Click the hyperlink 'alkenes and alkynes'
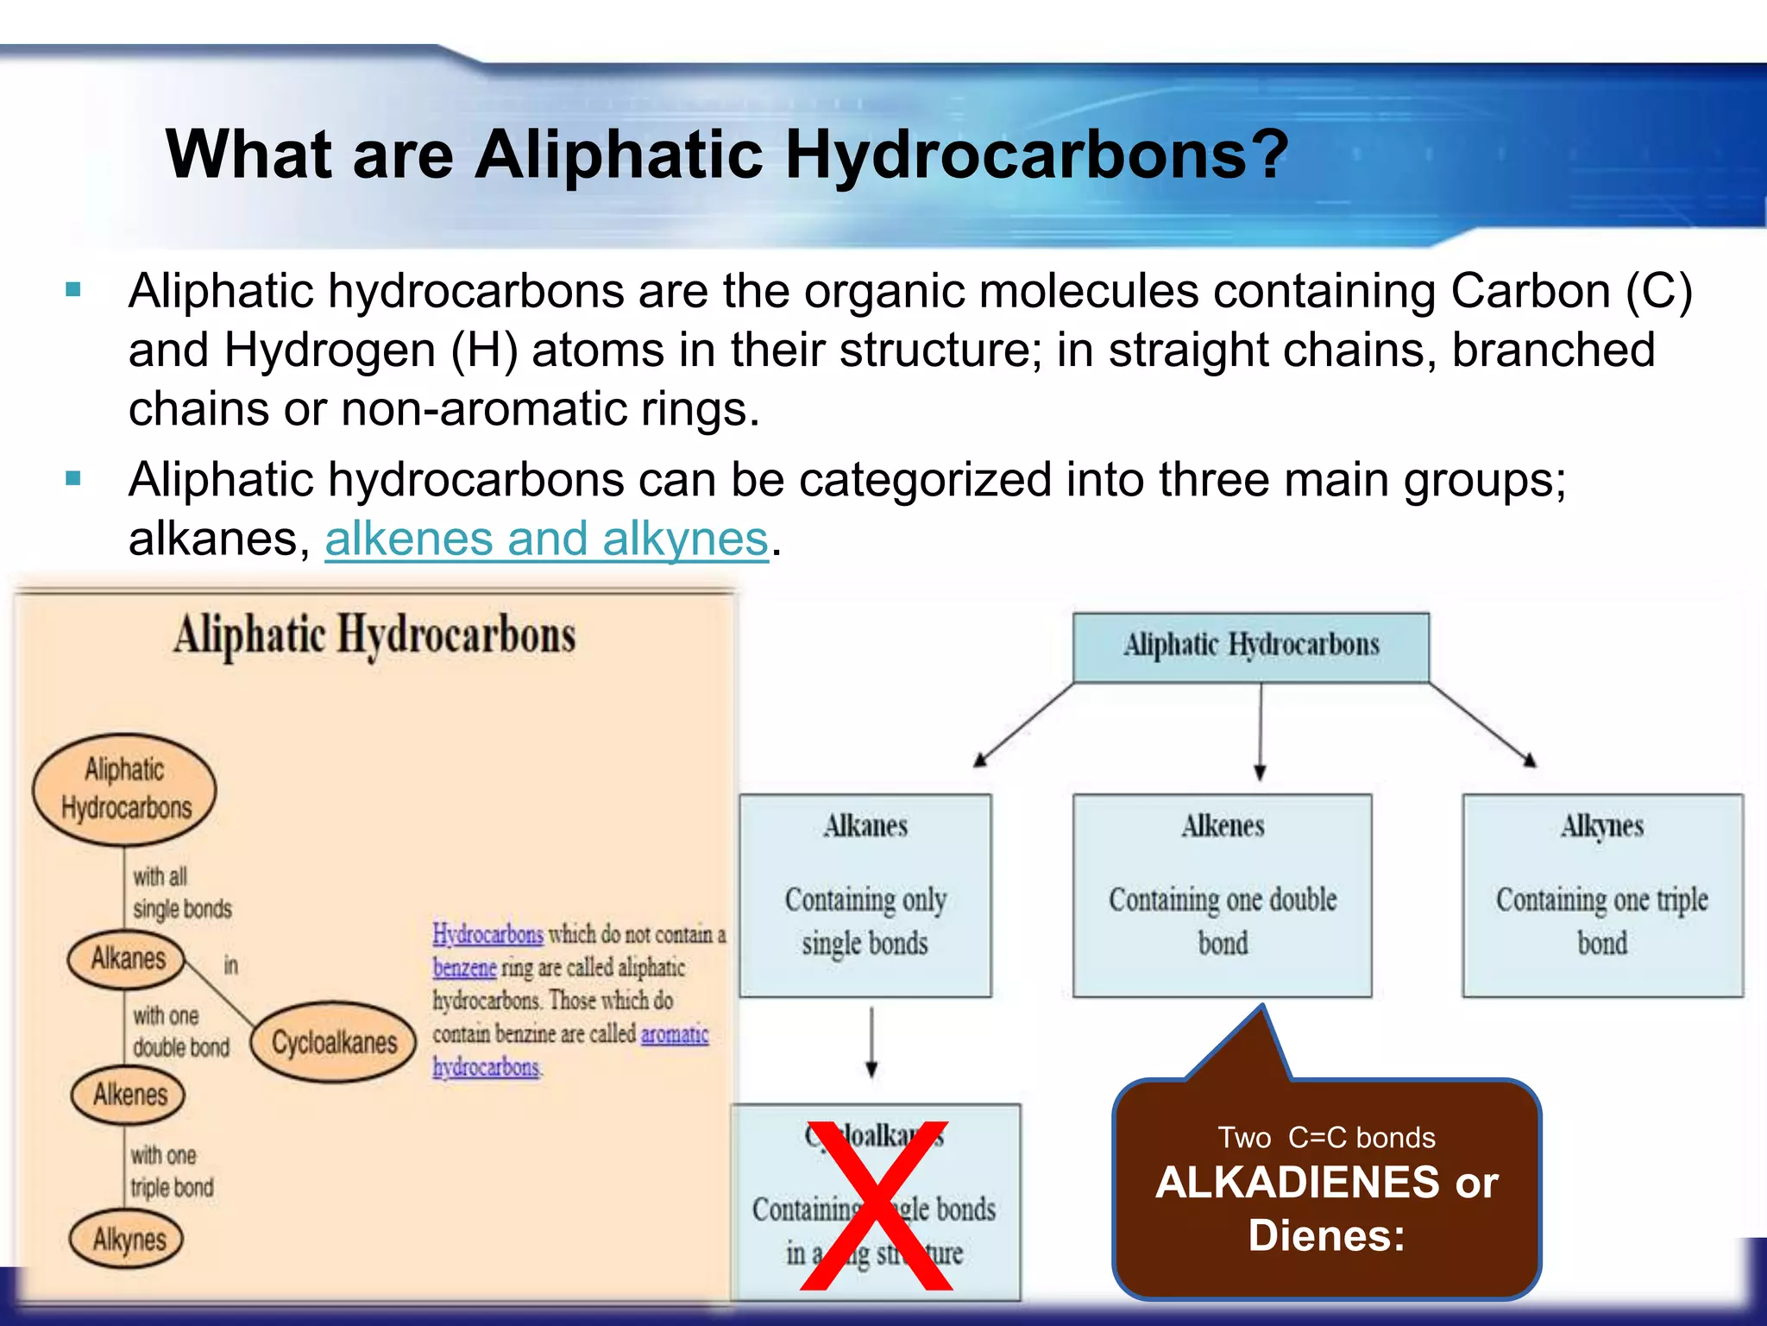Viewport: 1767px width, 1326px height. (x=545, y=540)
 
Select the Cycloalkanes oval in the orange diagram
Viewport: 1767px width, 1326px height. (x=333, y=1042)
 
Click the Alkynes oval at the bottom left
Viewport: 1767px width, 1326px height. (x=128, y=1240)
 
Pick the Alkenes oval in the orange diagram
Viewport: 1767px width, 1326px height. (x=129, y=1095)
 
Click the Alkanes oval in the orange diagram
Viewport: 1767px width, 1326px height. (x=127, y=958)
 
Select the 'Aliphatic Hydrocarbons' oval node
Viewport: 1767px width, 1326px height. (x=124, y=788)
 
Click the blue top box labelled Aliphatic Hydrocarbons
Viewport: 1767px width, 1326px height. (x=1250, y=647)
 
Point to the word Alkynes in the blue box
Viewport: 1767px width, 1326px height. (x=1601, y=826)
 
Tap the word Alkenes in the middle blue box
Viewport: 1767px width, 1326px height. (x=1223, y=826)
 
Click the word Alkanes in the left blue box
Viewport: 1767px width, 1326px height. (x=865, y=826)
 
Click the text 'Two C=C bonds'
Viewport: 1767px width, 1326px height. (x=1326, y=1137)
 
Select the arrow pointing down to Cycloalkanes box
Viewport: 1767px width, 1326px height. (x=871, y=1043)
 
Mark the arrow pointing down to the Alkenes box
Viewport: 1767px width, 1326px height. (x=1260, y=730)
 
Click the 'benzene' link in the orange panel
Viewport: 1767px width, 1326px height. (x=464, y=968)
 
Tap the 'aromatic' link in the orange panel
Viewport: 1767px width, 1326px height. (x=674, y=1033)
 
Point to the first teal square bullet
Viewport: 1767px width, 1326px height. (x=73, y=290)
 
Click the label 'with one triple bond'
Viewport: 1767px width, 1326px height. (x=171, y=1171)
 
